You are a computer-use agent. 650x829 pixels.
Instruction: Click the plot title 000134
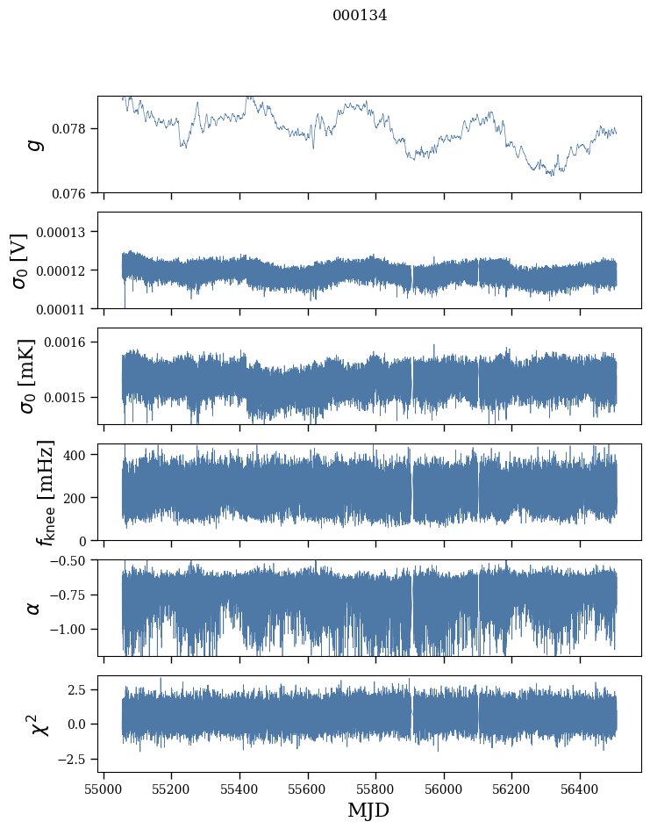click(360, 15)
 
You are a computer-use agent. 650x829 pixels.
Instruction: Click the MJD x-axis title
click(368, 810)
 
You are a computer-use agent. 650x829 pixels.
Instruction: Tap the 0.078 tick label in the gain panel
click(75, 128)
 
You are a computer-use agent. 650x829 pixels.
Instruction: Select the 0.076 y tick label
click(75, 192)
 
